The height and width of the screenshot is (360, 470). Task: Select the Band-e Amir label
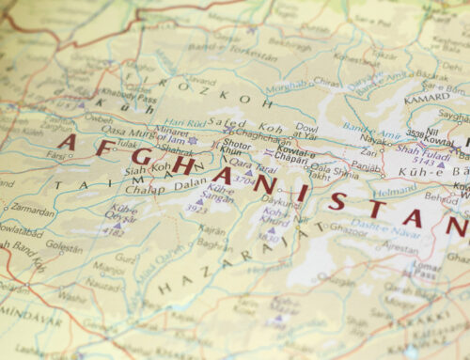click(366, 125)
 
